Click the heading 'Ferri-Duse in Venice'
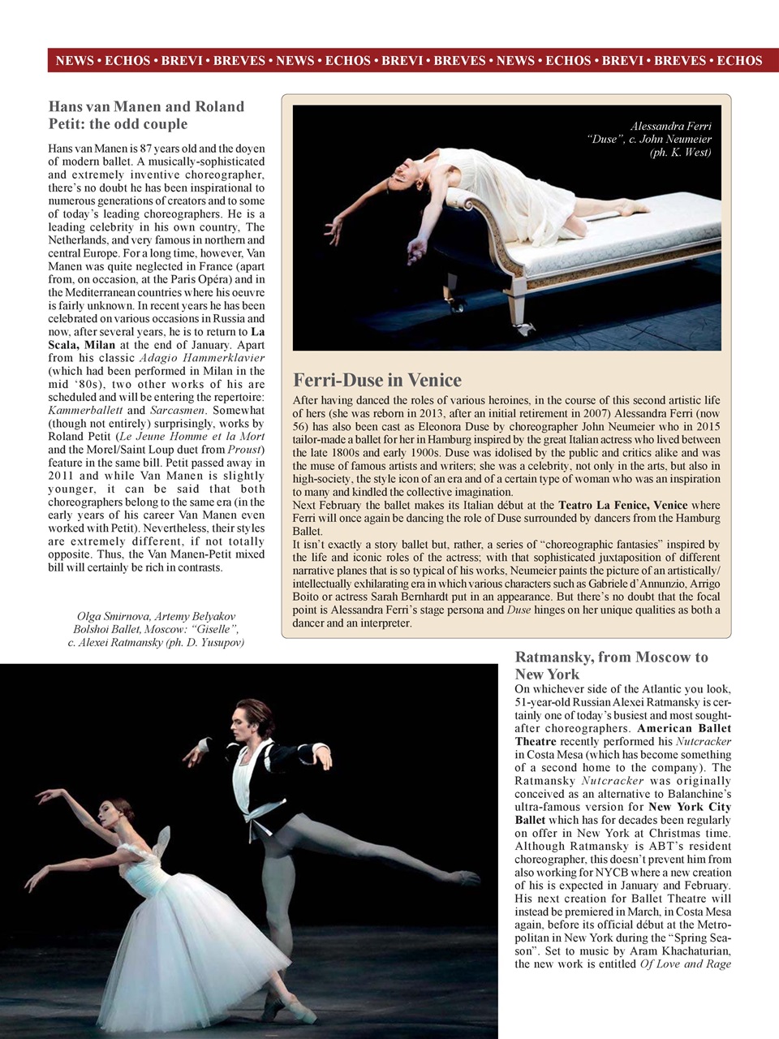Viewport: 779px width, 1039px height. click(377, 380)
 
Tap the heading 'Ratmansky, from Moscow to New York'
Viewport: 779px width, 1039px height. click(611, 666)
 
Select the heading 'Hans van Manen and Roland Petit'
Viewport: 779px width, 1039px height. click(146, 115)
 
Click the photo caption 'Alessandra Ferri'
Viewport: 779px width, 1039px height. click(670, 127)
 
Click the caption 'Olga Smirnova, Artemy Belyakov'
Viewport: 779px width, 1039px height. click(156, 617)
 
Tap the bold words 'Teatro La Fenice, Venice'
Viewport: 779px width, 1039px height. click(622, 505)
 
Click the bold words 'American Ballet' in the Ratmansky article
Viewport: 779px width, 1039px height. click(684, 729)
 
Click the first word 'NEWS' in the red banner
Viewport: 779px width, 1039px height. click(74, 61)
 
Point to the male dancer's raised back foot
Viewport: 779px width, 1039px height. click(467, 878)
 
